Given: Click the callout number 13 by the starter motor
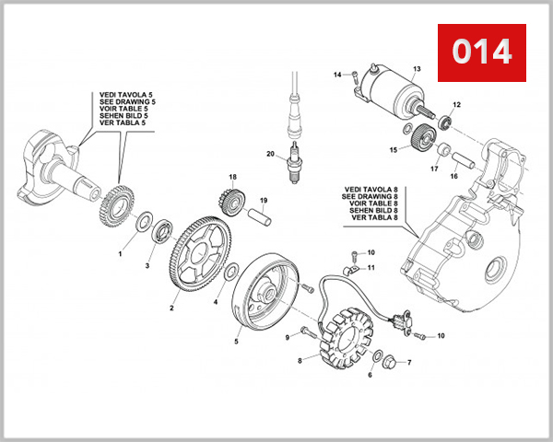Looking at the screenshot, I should click(x=417, y=69).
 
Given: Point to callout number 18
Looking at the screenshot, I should click(x=233, y=177).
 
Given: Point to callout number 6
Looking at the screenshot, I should click(x=370, y=376).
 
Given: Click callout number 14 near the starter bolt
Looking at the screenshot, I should click(x=337, y=75).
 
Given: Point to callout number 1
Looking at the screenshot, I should click(x=120, y=251).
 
